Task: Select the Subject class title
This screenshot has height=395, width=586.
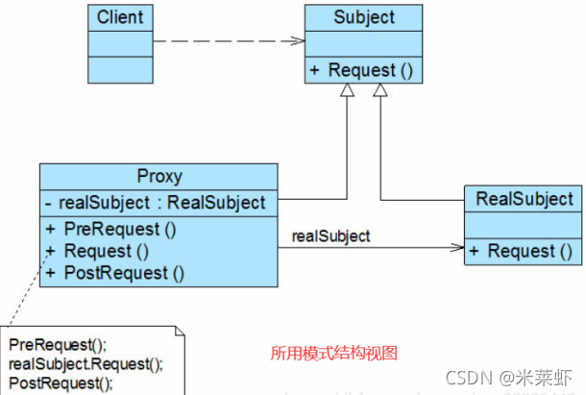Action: (363, 17)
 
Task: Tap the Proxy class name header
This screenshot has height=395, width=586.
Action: (159, 177)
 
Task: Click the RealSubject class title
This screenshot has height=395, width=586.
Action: (524, 199)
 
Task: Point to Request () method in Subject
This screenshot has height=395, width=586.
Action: (363, 70)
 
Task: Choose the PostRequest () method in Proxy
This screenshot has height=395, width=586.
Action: (123, 272)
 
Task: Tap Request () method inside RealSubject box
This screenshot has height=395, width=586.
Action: (524, 251)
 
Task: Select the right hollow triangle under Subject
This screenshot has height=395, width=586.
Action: (381, 90)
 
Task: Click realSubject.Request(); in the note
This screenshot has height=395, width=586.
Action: (85, 363)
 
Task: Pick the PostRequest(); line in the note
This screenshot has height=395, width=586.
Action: (60, 383)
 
